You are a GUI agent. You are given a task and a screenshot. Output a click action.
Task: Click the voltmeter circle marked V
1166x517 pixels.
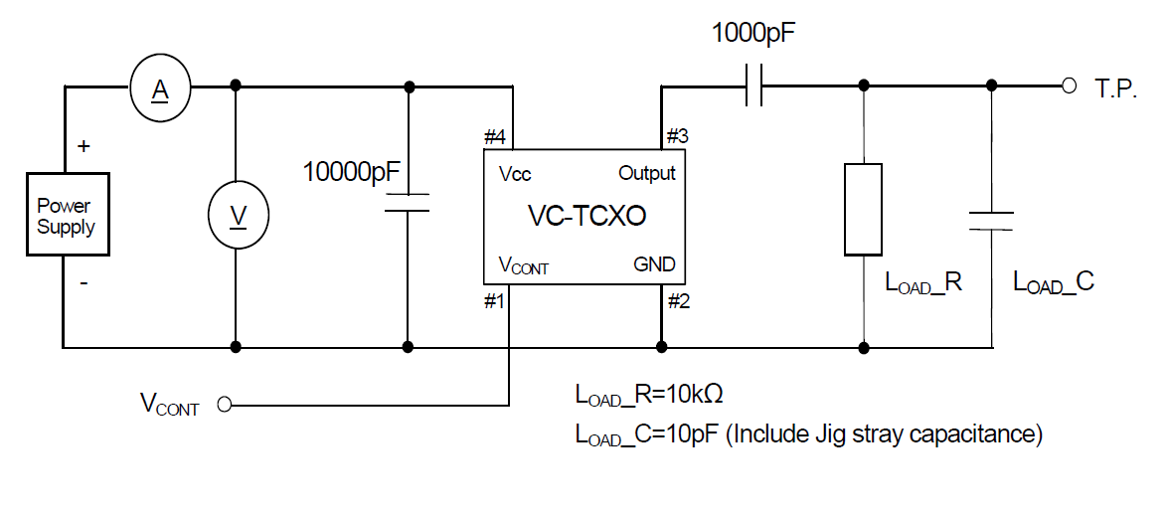coord(237,216)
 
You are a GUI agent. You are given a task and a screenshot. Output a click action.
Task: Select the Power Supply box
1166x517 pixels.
coord(66,216)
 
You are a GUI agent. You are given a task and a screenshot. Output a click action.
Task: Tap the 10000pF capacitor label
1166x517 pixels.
coord(351,172)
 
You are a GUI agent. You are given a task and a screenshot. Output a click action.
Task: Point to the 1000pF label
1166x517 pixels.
coord(753,33)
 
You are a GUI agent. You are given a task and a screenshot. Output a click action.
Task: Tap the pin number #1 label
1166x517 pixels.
coord(495,301)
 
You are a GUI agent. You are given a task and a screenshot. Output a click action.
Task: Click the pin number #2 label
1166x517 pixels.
coord(678,301)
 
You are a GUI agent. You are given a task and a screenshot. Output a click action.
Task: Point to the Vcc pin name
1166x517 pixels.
coord(515,174)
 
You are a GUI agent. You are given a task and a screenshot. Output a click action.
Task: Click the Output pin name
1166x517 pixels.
coord(646,173)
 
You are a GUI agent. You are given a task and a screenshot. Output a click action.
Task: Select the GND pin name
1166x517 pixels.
coord(654,264)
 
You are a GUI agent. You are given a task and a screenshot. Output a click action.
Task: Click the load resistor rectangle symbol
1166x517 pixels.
coord(863,210)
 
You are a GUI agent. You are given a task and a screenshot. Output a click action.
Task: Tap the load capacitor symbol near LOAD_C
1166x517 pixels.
coord(991,220)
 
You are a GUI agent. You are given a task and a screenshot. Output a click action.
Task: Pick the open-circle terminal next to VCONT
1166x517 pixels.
coord(224,405)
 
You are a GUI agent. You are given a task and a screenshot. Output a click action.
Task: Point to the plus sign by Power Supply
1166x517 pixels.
coord(83,146)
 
